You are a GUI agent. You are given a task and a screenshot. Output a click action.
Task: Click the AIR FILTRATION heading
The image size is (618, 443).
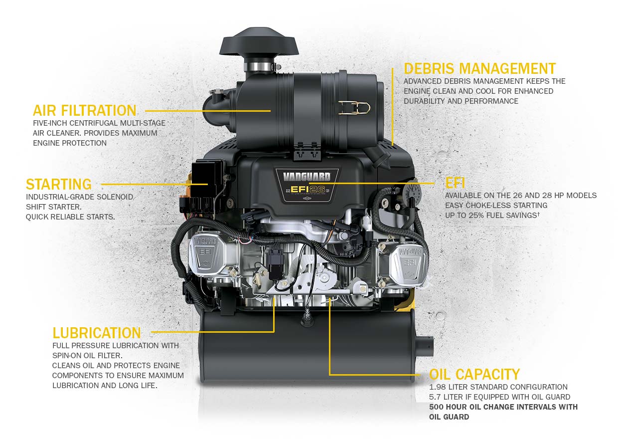pyautogui.click(x=85, y=110)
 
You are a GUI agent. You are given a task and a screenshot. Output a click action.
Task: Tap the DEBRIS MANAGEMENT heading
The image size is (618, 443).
pyautogui.click(x=479, y=68)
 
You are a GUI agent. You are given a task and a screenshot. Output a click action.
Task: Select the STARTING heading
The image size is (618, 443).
pyautogui.click(x=59, y=184)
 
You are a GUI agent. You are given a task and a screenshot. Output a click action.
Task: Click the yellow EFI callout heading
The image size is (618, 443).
pyautogui.click(x=455, y=183)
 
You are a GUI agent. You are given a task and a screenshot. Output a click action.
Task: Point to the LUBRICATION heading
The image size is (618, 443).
pyautogui.click(x=97, y=333)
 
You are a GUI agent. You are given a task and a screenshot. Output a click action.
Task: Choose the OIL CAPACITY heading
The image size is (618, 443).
pyautogui.click(x=474, y=374)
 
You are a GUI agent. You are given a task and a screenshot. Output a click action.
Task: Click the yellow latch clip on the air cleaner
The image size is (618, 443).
pyautogui.click(x=357, y=107)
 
